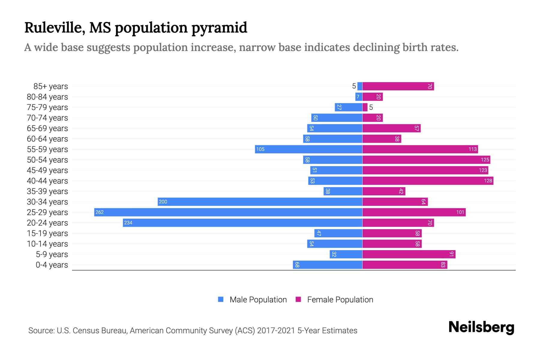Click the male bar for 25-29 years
click(x=228, y=212)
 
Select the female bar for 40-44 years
click(x=427, y=181)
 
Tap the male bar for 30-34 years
click(x=260, y=202)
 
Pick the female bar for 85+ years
click(x=398, y=86)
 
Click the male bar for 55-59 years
click(x=308, y=149)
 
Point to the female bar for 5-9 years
click(x=409, y=254)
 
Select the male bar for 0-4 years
click(x=328, y=265)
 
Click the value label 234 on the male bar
click(x=128, y=223)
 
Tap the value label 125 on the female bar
click(x=485, y=160)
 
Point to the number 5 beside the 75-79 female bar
click(x=371, y=107)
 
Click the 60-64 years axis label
click(x=47, y=139)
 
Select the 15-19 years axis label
click(x=47, y=233)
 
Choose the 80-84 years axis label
click(x=47, y=97)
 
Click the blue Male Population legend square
click(x=221, y=299)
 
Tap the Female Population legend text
click(x=340, y=300)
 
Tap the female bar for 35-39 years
click(x=384, y=191)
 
